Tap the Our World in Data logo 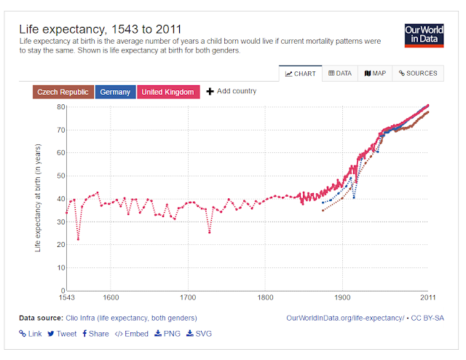click(x=423, y=35)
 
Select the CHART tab click(x=300, y=74)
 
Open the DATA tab click(x=339, y=74)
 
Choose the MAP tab click(x=375, y=74)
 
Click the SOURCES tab click(x=417, y=74)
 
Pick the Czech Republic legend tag click(x=63, y=93)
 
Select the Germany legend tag click(x=115, y=93)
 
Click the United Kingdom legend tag click(x=167, y=93)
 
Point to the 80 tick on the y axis click(x=61, y=107)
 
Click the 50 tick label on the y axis click(x=61, y=176)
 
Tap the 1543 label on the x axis click(x=66, y=298)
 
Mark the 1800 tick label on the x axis click(x=265, y=298)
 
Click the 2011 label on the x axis click(x=427, y=298)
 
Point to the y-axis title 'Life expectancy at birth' click(x=38, y=197)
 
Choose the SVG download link click(x=200, y=334)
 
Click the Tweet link click(x=62, y=334)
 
